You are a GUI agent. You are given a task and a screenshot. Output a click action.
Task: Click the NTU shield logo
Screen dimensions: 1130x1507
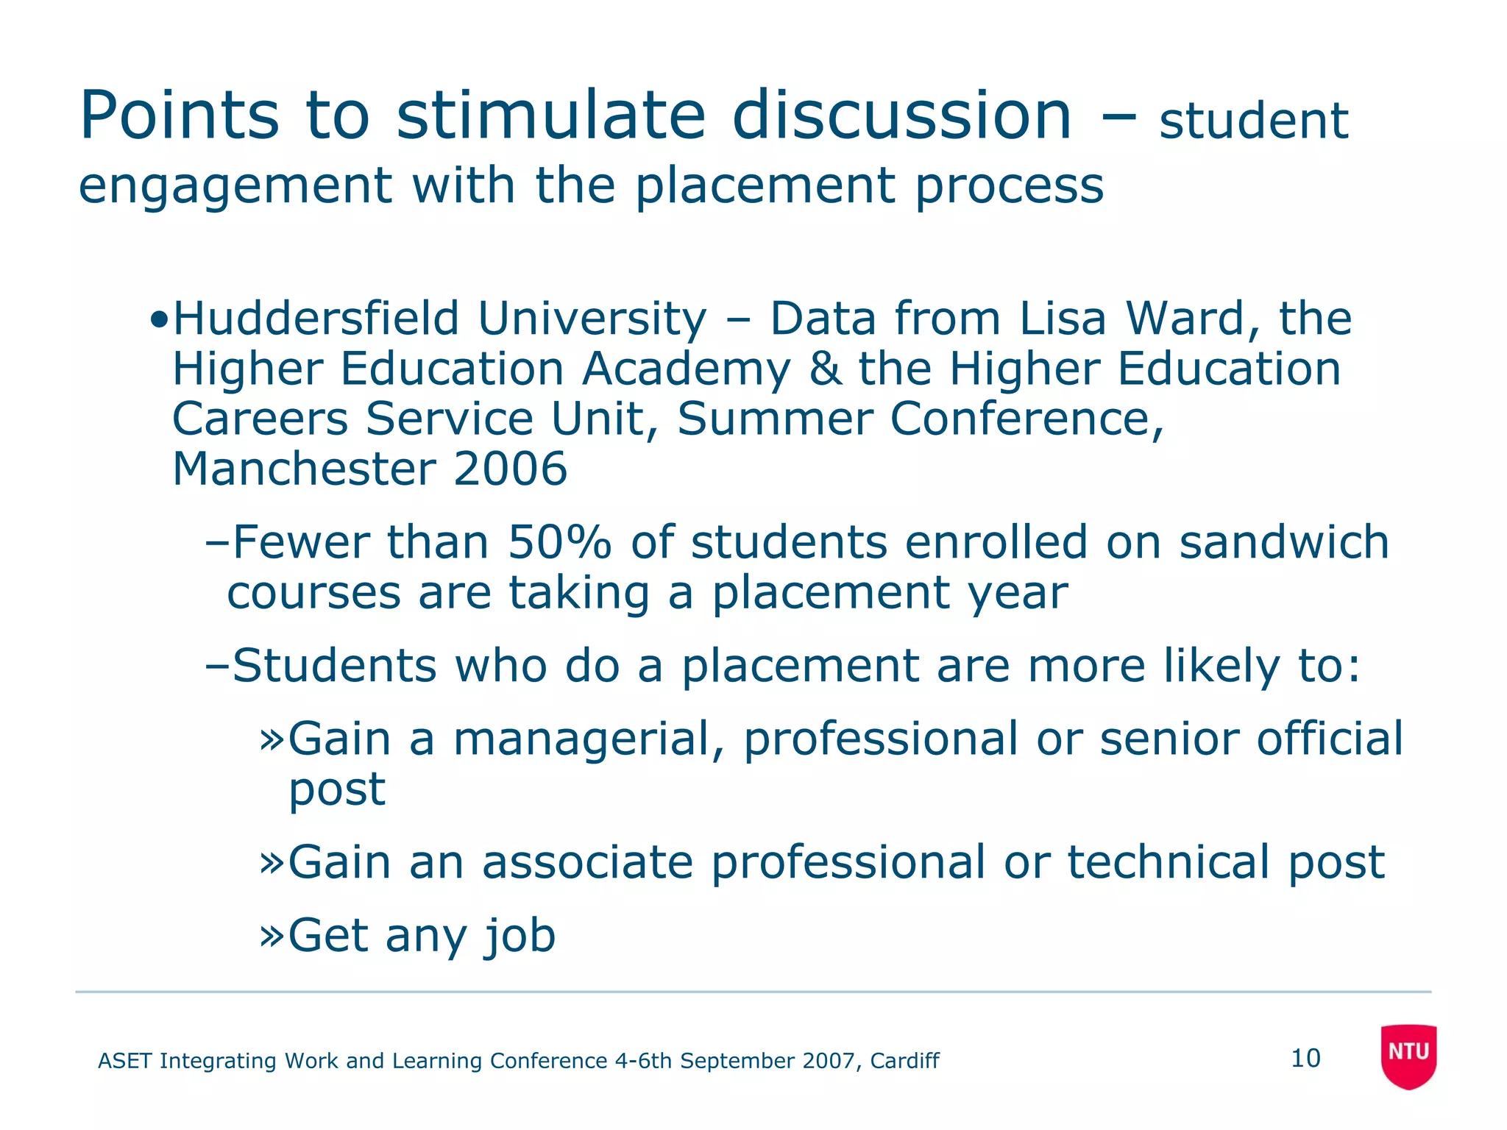(x=1408, y=1055)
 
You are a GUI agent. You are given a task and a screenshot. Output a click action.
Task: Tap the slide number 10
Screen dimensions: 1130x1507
(x=1305, y=1059)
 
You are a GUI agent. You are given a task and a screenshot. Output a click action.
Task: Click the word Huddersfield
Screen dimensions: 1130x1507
(x=316, y=319)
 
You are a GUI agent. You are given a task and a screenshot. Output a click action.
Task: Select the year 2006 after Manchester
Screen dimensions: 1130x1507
(x=510, y=469)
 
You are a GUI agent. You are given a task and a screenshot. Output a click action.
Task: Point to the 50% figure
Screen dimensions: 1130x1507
(x=559, y=543)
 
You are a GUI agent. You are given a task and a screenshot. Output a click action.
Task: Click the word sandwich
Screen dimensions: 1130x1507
(x=1284, y=543)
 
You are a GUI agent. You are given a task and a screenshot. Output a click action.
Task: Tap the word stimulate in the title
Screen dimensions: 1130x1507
(x=551, y=116)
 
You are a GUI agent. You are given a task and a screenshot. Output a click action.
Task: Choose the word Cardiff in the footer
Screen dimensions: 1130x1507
(x=904, y=1061)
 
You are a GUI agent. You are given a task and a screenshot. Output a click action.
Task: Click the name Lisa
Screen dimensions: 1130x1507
(x=1063, y=319)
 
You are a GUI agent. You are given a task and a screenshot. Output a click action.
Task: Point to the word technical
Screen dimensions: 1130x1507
(x=1169, y=862)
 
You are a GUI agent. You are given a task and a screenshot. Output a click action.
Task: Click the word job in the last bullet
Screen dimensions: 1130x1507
(x=520, y=936)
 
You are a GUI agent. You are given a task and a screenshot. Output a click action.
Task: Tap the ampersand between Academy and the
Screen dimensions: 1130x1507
(x=824, y=369)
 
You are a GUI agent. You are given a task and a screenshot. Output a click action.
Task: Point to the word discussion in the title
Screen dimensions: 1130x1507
(x=901, y=116)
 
